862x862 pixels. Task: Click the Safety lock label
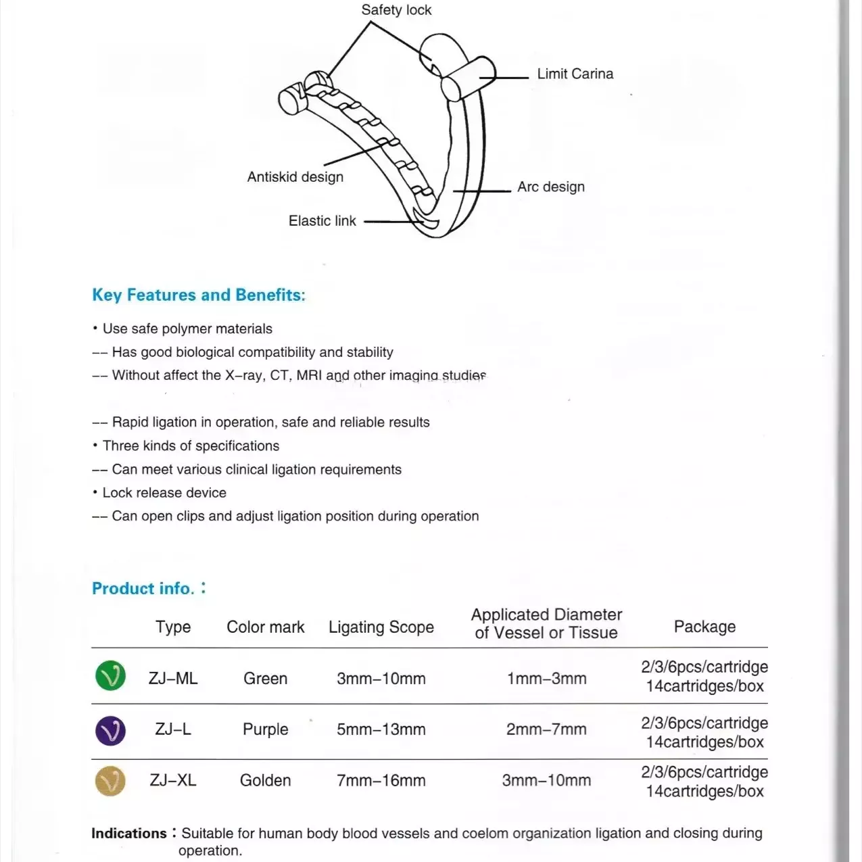[x=396, y=10]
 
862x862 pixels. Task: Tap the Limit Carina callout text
[x=575, y=74]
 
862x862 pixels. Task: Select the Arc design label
[x=550, y=187]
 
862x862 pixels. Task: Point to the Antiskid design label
[x=295, y=177]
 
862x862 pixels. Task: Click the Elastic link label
[x=322, y=221]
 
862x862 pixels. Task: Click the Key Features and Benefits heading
[x=199, y=295]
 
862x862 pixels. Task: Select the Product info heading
[x=143, y=588]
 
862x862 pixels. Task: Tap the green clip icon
[x=111, y=675]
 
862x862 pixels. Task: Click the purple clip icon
[x=111, y=730]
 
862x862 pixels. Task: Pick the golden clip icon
[x=111, y=782]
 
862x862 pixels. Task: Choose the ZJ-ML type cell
[x=173, y=678]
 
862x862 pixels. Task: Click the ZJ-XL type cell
[x=173, y=780]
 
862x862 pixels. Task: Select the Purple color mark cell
[x=266, y=729]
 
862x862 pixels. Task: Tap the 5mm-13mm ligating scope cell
[x=381, y=729]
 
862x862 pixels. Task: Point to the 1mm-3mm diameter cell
[x=546, y=678]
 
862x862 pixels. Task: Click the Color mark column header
[x=266, y=627]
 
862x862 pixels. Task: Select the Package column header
[x=704, y=627]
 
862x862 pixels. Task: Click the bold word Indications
[x=129, y=833]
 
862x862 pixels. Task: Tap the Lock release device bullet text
[x=164, y=493]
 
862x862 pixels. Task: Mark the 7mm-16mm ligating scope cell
[x=381, y=780]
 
